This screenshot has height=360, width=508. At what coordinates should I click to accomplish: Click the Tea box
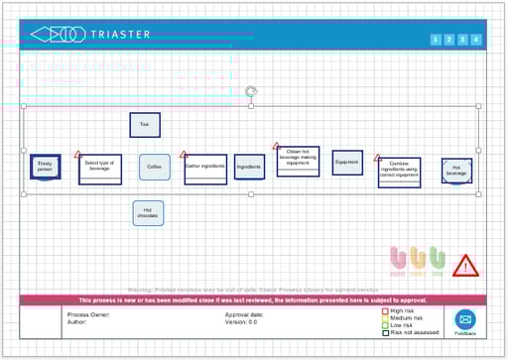coord(145,124)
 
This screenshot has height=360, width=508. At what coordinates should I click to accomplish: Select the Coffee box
coord(154,167)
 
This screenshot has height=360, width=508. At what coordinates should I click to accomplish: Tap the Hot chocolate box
coord(148,212)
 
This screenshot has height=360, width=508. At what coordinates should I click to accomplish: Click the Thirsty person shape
coord(45,168)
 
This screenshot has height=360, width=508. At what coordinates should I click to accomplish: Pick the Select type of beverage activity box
coord(100,168)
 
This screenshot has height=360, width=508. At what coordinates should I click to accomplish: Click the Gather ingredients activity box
coord(205,167)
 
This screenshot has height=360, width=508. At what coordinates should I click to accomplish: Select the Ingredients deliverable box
coord(249,168)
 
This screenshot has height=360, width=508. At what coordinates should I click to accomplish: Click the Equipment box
coord(347,163)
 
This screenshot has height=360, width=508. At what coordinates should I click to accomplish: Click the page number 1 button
coord(436,40)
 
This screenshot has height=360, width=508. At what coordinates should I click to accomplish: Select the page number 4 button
coord(476,40)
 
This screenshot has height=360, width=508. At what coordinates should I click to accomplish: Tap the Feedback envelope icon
coord(465,318)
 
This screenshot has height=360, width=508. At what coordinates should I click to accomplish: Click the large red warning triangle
coord(463,266)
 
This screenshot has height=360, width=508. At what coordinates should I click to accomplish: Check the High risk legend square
coord(385,311)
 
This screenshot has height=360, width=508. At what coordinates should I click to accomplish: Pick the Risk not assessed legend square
coord(385,332)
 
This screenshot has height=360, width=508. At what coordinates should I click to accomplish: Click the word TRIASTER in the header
coord(120,35)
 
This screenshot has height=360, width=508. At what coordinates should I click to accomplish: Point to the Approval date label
coord(244,314)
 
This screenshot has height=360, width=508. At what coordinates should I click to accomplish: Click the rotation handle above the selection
coord(251,90)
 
